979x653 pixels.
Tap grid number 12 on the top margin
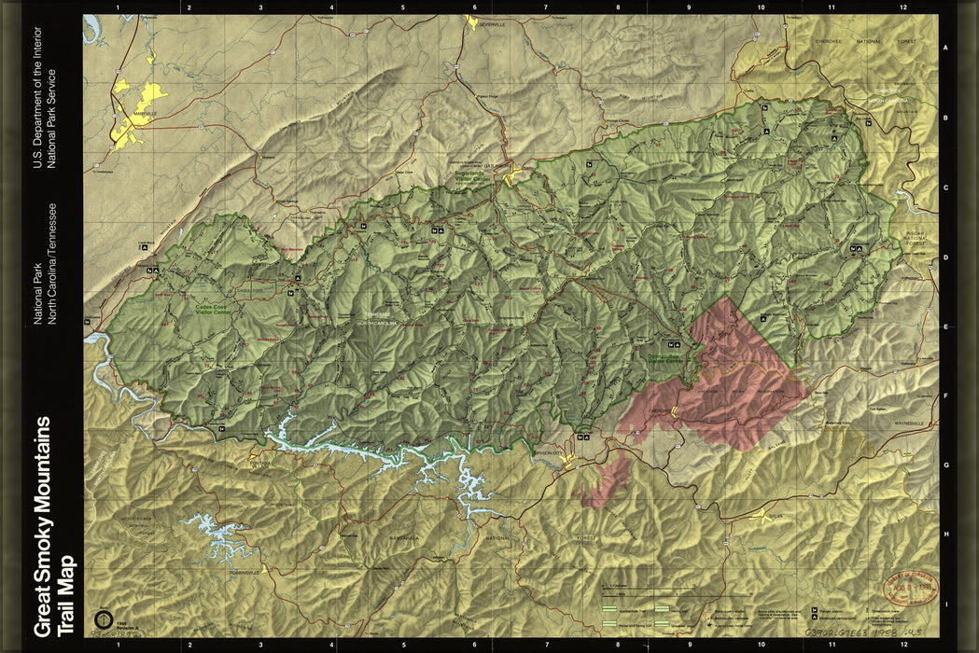point(902,7)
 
